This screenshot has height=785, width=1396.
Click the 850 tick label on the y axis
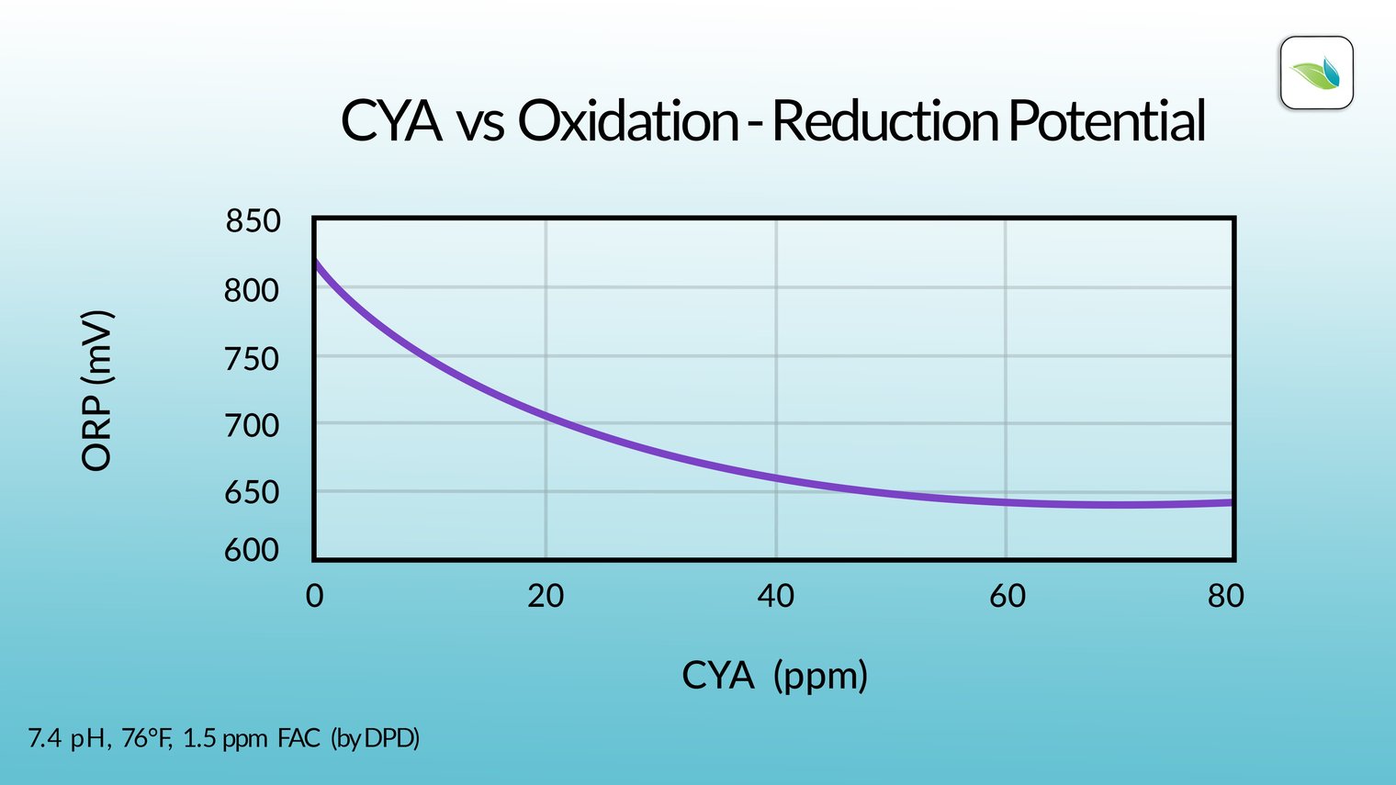(x=253, y=221)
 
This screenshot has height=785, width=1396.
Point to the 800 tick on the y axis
(x=251, y=290)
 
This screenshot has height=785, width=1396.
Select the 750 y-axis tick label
(x=251, y=359)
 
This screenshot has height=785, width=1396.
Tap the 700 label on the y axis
(x=251, y=426)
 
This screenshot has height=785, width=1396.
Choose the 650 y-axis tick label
(x=251, y=493)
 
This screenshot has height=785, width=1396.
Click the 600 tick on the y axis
(x=251, y=550)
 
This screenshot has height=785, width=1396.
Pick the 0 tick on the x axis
(x=314, y=596)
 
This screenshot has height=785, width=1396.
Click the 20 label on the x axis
(x=546, y=596)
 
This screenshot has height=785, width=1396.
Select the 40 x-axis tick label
(x=775, y=596)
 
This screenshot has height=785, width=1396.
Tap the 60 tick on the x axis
(x=1007, y=596)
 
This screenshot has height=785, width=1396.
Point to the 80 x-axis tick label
(x=1225, y=596)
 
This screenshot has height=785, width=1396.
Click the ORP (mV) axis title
(x=96, y=391)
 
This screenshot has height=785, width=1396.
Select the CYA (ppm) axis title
(x=774, y=676)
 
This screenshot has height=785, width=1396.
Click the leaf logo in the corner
(x=1316, y=73)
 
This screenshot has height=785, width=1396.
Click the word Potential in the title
(x=1106, y=121)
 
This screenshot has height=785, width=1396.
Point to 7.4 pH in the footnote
(x=68, y=738)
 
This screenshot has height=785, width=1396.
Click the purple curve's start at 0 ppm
(x=316, y=263)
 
